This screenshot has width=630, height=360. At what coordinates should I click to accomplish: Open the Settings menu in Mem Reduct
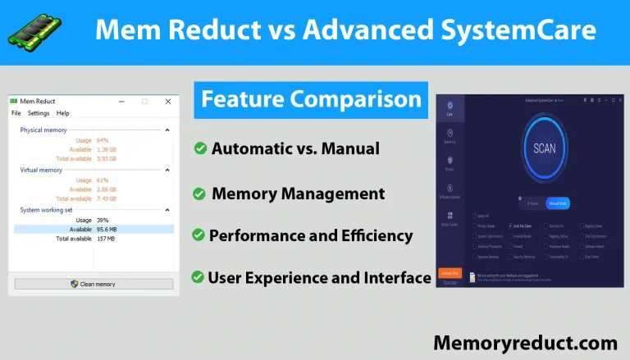click(x=39, y=113)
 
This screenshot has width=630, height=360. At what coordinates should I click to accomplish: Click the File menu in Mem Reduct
click(x=16, y=113)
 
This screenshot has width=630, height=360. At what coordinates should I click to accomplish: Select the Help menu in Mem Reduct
click(x=63, y=113)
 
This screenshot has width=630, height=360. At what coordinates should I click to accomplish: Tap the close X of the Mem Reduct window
click(x=168, y=101)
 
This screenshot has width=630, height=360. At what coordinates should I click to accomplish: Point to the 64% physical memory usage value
click(x=103, y=140)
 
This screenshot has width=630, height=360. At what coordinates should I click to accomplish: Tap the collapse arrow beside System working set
click(x=167, y=210)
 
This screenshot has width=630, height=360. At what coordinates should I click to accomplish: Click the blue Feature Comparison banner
click(x=312, y=101)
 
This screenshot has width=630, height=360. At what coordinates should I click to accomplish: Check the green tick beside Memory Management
click(x=199, y=194)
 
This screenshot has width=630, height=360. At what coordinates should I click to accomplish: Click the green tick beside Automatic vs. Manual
click(x=199, y=148)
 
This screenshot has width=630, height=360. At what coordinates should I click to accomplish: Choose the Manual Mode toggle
click(x=558, y=203)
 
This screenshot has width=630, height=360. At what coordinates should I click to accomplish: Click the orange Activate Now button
click(x=449, y=272)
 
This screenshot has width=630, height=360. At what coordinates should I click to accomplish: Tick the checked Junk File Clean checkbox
click(x=511, y=225)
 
